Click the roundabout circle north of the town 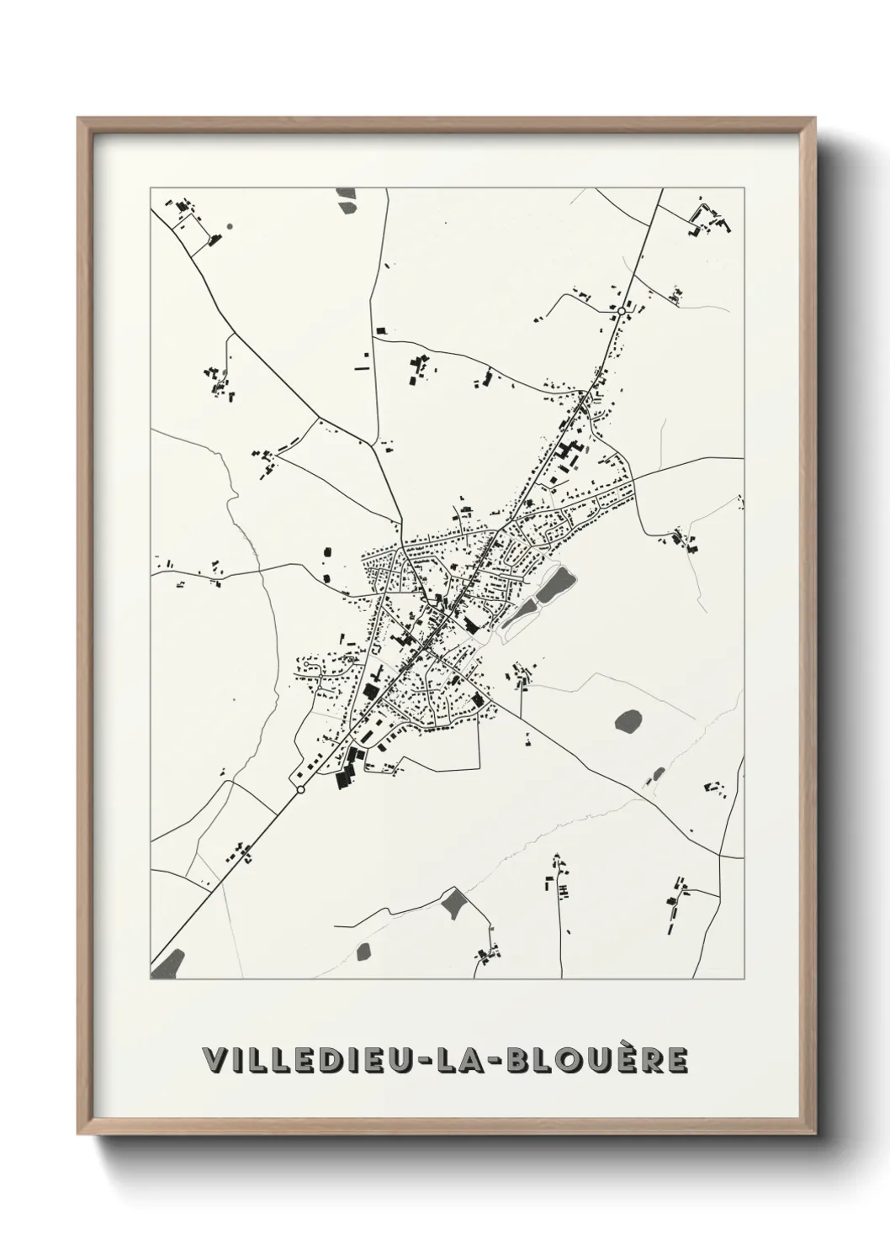[621, 312]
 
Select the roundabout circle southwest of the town [300, 790]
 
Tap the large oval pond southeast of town [628, 720]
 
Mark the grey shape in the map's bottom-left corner [167, 965]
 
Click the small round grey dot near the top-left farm [229, 226]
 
